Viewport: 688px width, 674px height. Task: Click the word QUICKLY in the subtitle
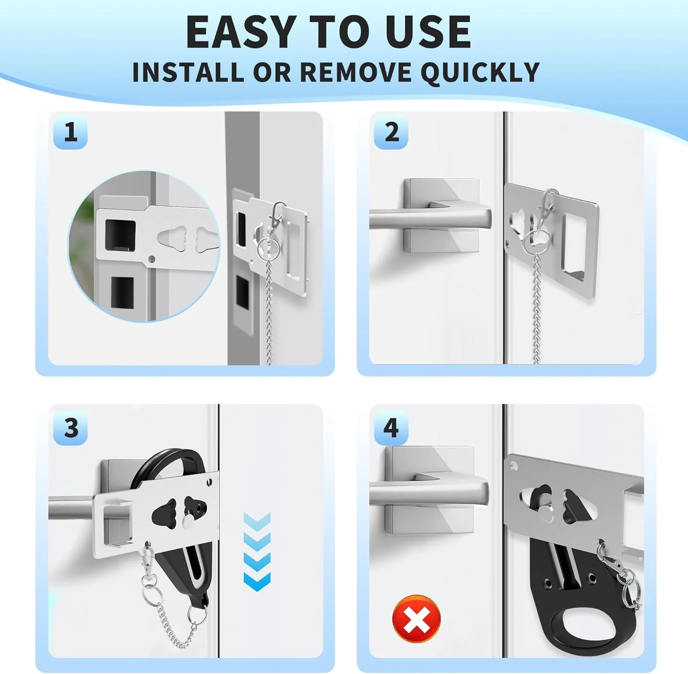pos(480,72)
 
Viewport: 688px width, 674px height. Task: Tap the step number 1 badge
pos(70,132)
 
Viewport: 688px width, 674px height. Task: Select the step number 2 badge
pos(391,132)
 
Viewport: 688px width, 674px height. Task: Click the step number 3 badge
pos(70,428)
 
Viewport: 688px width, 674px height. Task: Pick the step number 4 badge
pos(391,428)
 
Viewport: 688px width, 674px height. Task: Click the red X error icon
pos(416,619)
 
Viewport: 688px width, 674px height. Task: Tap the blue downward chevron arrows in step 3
pos(257,551)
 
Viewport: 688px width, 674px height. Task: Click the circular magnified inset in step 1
pos(144,246)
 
